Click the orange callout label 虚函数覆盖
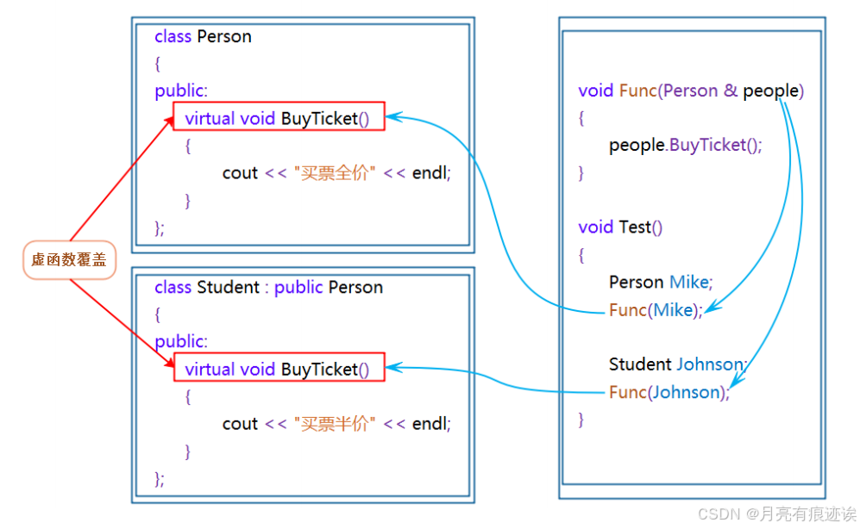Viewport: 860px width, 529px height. click(x=68, y=260)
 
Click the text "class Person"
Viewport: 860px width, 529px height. click(x=203, y=36)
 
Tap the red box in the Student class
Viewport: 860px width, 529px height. click(x=279, y=369)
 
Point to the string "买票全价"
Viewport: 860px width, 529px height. click(x=336, y=172)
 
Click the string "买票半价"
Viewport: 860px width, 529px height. click(x=336, y=423)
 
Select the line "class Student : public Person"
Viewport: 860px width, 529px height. click(x=268, y=287)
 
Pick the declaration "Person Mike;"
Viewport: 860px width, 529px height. click(x=661, y=282)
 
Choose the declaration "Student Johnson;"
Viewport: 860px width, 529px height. click(x=677, y=364)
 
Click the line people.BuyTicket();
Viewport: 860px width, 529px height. click(x=686, y=145)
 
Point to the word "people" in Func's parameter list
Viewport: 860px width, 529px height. click(x=770, y=90)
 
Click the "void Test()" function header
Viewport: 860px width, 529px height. click(x=620, y=227)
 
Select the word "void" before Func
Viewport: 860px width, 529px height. click(x=595, y=90)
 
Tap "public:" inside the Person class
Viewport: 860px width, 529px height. click(x=181, y=90)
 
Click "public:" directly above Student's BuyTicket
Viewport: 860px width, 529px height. click(x=181, y=341)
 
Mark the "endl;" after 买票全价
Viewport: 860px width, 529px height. click(x=431, y=172)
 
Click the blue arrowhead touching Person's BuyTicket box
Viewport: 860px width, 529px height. click(x=392, y=117)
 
